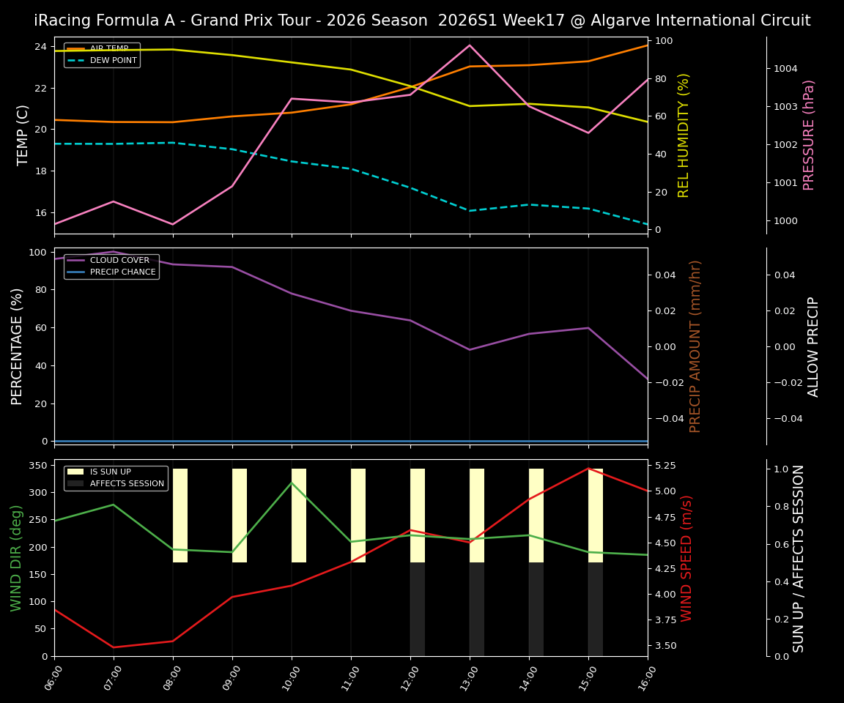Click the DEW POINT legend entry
[x=113, y=60]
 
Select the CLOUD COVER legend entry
[x=119, y=260]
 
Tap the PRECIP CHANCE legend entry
[x=122, y=272]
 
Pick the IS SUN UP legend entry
[x=110, y=472]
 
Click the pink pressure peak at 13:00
[x=470, y=45]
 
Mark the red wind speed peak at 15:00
[x=588, y=469]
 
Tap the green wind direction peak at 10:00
[x=292, y=483]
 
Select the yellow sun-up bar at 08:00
[x=180, y=516]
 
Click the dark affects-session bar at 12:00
[x=418, y=609]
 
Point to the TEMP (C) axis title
[x=23, y=135]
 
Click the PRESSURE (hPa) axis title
[x=809, y=135]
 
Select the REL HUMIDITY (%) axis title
[x=684, y=135]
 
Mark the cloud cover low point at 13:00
[x=470, y=349]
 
